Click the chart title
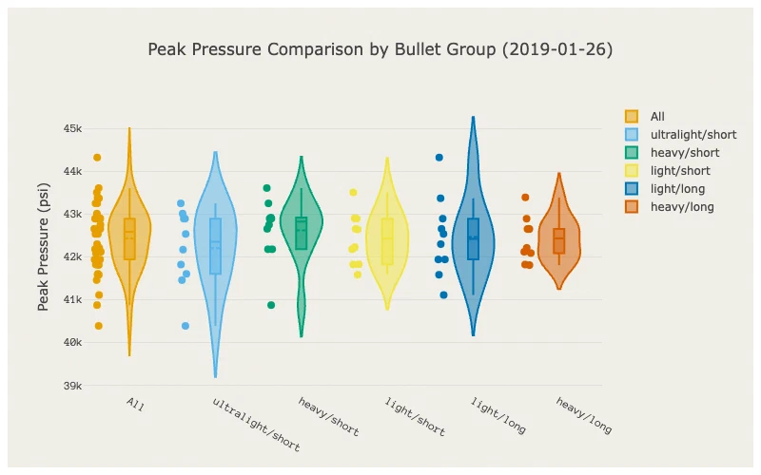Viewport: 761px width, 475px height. tap(380, 49)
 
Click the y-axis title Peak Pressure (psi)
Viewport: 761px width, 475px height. tap(43, 247)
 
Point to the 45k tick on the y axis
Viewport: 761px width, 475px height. tap(72, 128)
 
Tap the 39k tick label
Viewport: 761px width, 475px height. tap(72, 386)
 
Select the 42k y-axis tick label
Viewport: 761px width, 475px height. tap(72, 256)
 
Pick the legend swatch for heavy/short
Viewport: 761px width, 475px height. tap(632, 153)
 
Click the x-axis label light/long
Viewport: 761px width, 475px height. tap(498, 415)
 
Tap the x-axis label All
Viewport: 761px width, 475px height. tap(135, 405)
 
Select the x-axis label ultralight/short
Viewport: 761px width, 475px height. tap(256, 425)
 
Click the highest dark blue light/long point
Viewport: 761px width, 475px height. tap(439, 158)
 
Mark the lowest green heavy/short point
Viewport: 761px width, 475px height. tap(271, 305)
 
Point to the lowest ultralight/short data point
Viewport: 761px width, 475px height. tap(185, 326)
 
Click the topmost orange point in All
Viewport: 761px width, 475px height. tap(97, 158)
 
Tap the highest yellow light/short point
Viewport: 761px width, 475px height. tap(353, 193)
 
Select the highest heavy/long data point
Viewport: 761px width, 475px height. tap(525, 198)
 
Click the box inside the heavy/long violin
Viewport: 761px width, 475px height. tap(559, 241)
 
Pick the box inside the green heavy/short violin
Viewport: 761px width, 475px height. tap(302, 233)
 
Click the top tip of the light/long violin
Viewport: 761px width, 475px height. tap(473, 117)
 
